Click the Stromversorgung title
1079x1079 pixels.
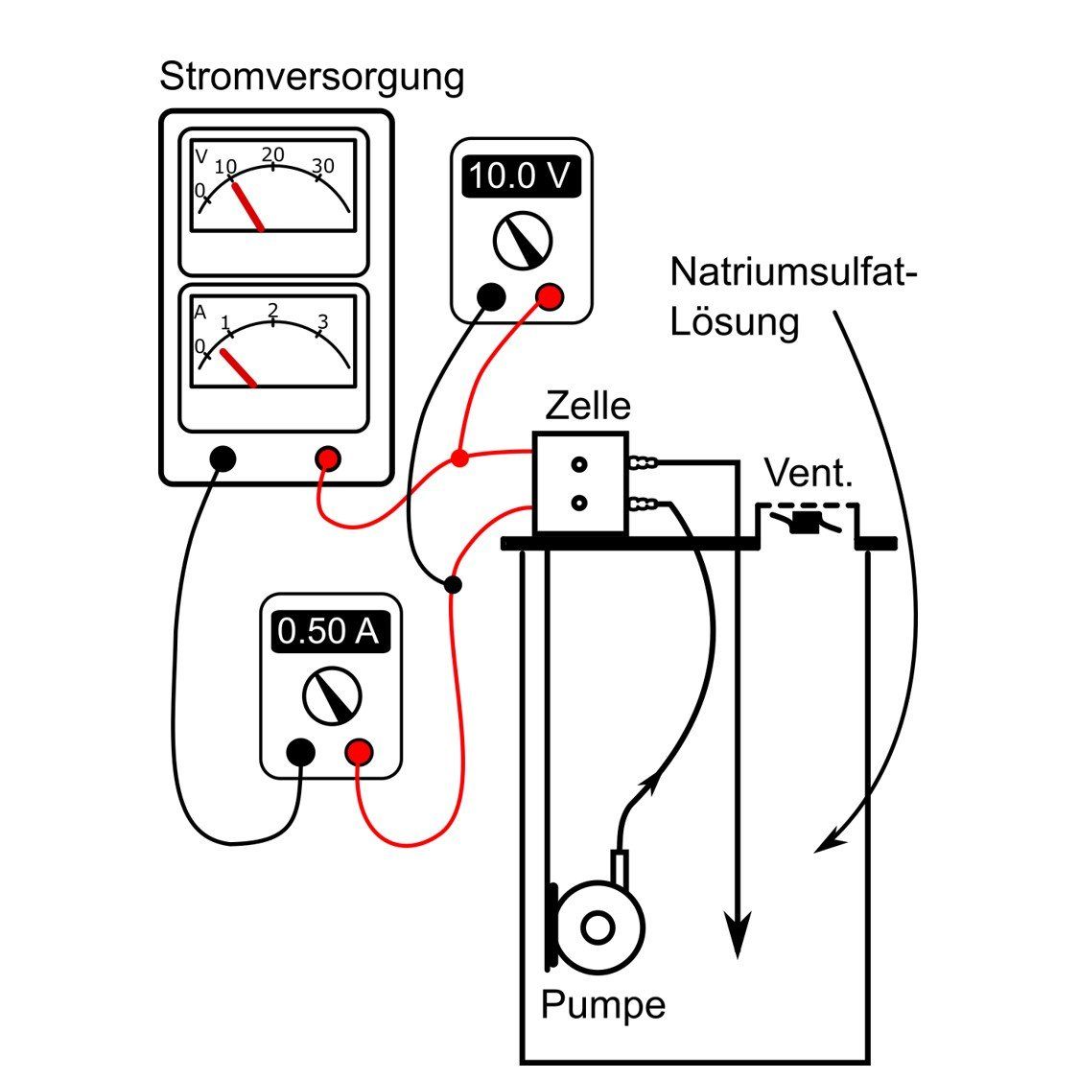click(311, 76)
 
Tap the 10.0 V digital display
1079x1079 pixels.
click(521, 177)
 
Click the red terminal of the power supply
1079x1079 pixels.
click(328, 459)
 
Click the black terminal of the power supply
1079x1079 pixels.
click(223, 459)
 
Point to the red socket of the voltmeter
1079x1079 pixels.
click(550, 297)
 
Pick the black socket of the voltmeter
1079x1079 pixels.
click(491, 297)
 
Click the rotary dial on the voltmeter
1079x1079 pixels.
click(522, 241)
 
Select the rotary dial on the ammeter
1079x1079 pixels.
click(332, 696)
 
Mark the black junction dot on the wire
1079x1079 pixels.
click(454, 583)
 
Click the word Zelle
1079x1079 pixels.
click(587, 406)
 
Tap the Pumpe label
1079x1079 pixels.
click(602, 1005)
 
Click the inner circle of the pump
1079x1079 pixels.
click(598, 927)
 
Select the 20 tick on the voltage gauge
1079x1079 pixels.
click(273, 155)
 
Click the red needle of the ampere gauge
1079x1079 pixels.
click(238, 368)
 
